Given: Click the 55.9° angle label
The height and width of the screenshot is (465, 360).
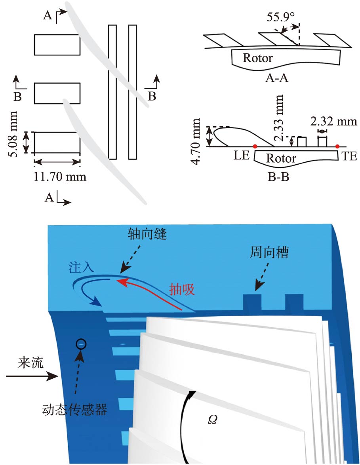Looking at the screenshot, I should tap(281, 18).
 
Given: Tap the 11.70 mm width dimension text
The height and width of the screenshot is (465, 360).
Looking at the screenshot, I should tap(60, 176).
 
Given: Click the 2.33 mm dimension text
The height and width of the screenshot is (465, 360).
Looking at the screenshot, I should tap(280, 118).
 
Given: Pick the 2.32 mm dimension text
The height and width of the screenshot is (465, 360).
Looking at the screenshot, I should tap(333, 121).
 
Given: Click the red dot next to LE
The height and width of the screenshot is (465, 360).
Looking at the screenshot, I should tap(255, 146).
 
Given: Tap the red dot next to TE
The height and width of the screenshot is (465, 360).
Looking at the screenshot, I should tap(337, 146).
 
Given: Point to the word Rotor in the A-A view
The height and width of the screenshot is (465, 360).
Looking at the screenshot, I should tap(258, 58).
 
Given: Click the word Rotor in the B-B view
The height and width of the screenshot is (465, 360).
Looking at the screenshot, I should tap(281, 158).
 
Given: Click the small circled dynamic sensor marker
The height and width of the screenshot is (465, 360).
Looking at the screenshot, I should tap(81, 344).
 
